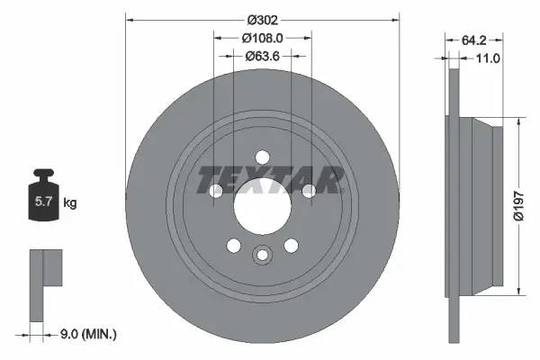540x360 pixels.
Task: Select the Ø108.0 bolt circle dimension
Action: tap(263, 37)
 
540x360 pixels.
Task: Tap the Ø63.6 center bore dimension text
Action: tap(263, 56)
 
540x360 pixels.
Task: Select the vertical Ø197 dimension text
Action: tap(517, 204)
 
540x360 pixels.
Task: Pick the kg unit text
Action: tap(70, 203)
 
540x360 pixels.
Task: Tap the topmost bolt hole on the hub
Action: tap(263, 155)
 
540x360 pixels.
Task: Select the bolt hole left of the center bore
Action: tap(215, 190)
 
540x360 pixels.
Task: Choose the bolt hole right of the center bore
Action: tap(310, 190)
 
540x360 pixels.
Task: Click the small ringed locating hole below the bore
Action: tap(263, 255)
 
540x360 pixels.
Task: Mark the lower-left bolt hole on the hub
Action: tap(233, 245)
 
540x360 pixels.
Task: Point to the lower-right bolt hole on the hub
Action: tap(292, 245)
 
